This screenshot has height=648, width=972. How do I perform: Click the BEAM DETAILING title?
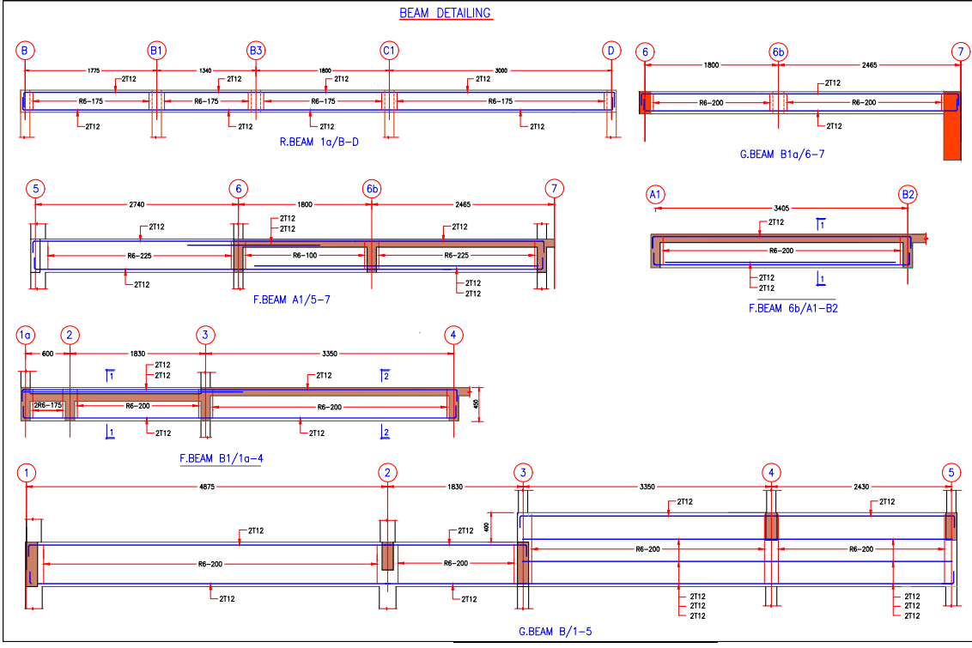pyautogui.click(x=445, y=13)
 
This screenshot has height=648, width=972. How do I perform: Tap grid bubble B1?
pyautogui.click(x=156, y=51)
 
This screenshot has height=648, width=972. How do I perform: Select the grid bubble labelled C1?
pyautogui.click(x=389, y=51)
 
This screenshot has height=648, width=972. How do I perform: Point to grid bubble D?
pyautogui.click(x=611, y=51)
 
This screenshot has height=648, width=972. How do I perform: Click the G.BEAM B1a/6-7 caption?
pyautogui.click(x=781, y=154)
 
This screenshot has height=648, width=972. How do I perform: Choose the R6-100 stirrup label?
pyautogui.click(x=305, y=256)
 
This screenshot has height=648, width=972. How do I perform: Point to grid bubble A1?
pyautogui.click(x=655, y=196)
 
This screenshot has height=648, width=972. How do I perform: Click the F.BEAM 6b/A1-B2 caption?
pyautogui.click(x=793, y=307)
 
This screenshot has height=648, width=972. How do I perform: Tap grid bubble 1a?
pyautogui.click(x=26, y=335)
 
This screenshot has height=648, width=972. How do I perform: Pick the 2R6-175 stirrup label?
pyautogui.click(x=47, y=405)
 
